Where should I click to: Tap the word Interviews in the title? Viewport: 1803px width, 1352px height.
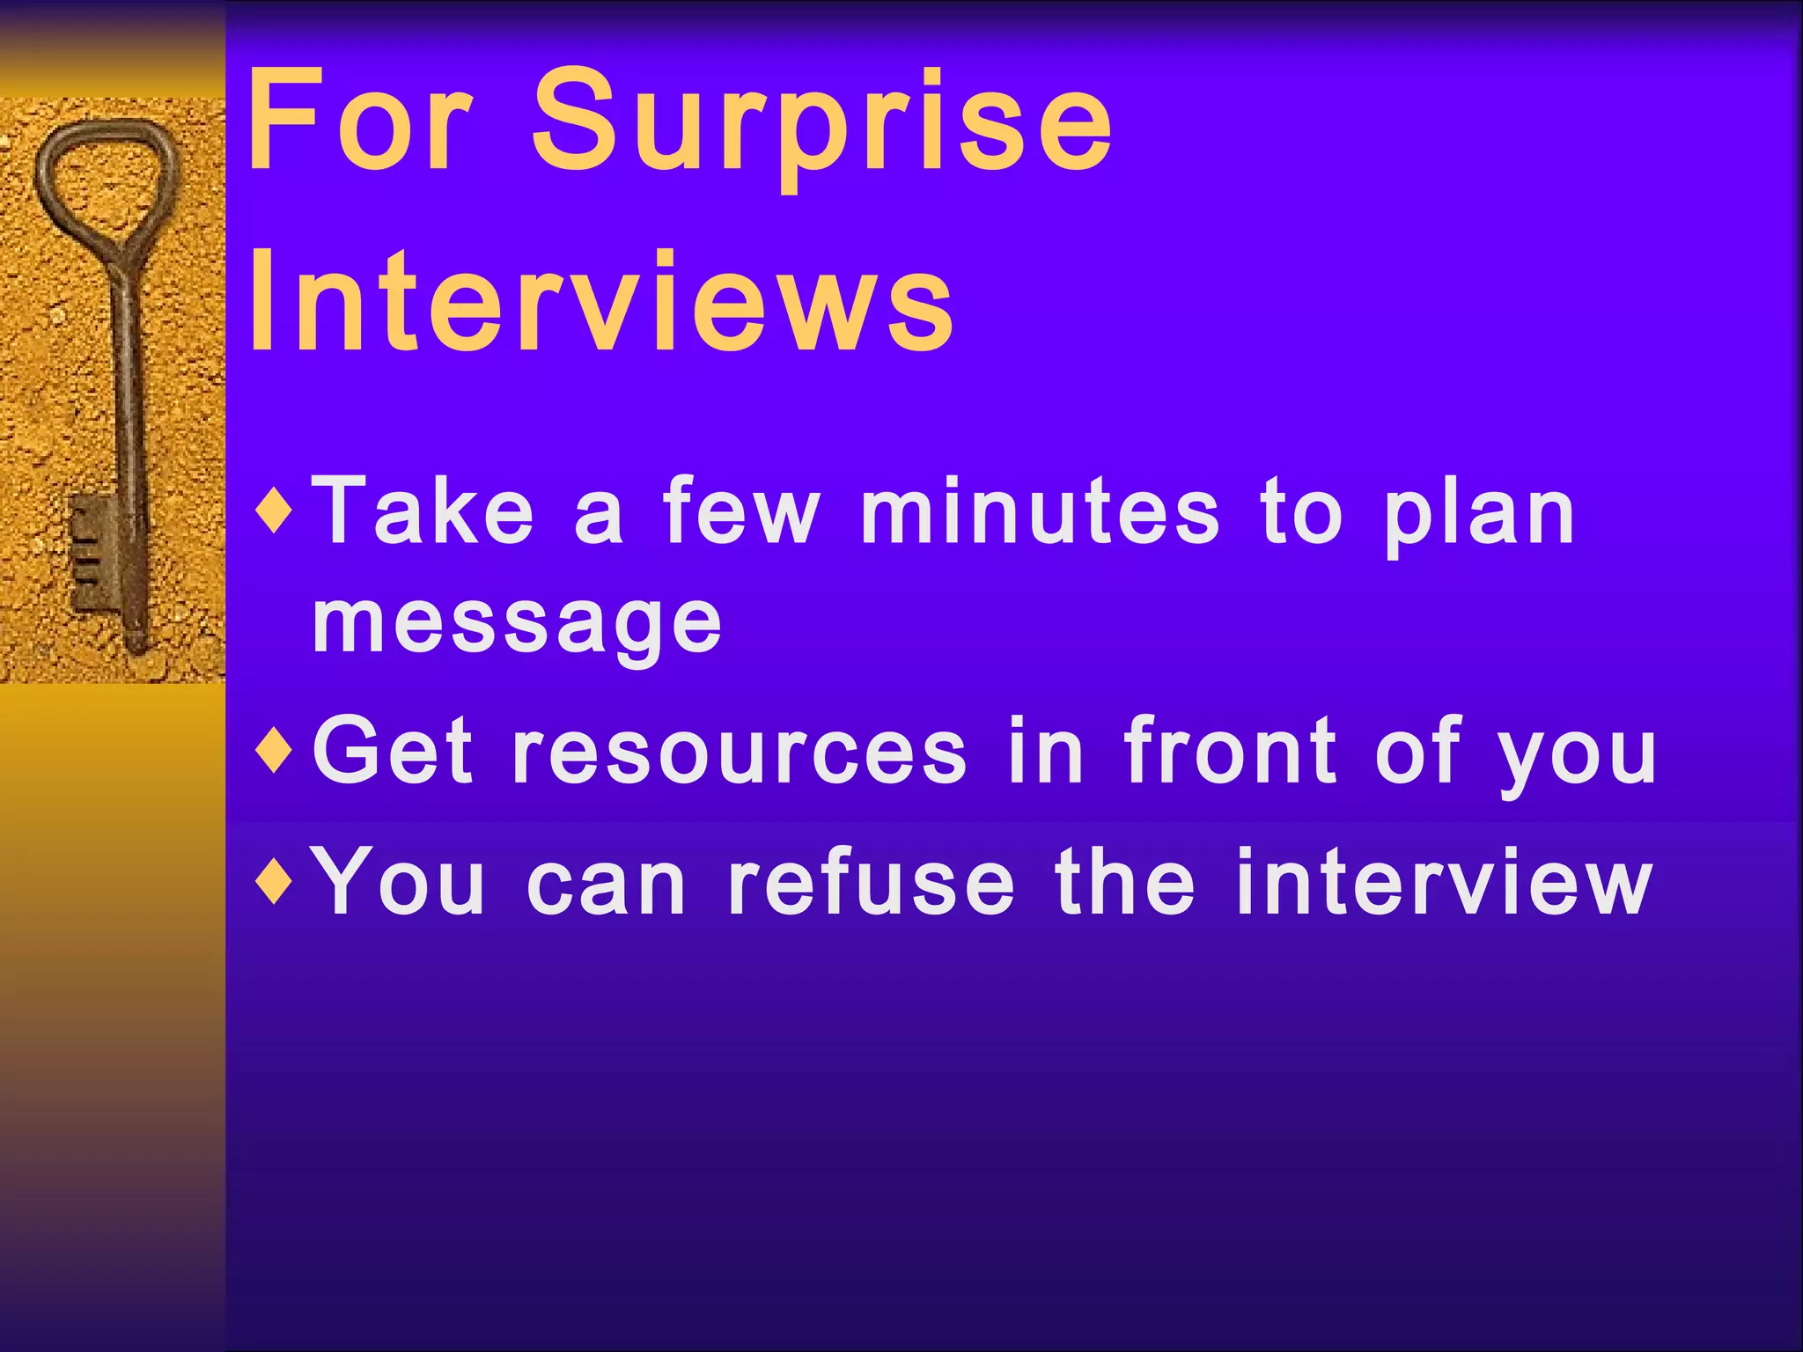(600, 304)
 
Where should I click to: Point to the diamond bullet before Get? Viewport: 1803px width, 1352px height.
(276, 751)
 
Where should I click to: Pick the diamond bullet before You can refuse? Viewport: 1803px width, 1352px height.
(276, 881)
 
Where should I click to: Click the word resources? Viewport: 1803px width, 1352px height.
(740, 753)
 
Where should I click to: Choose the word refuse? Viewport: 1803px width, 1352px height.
(872, 881)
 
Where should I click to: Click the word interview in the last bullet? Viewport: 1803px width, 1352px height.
(1444, 881)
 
